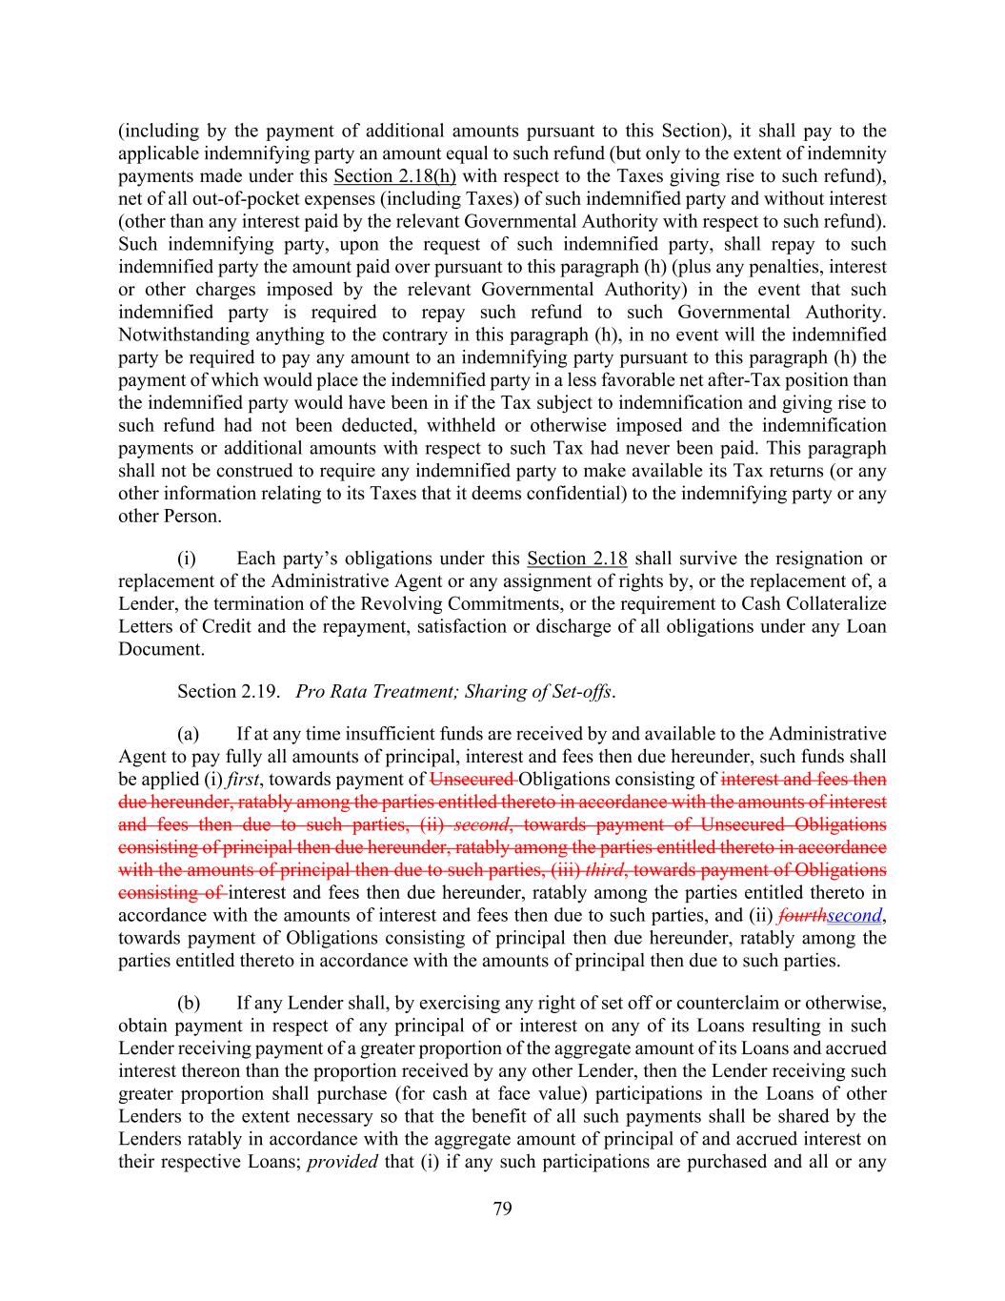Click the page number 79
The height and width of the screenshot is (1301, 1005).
(503, 1210)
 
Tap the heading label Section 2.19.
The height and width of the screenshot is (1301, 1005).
(228, 691)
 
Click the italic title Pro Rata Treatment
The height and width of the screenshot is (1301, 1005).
(375, 691)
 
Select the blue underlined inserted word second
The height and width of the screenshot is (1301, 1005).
(854, 916)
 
